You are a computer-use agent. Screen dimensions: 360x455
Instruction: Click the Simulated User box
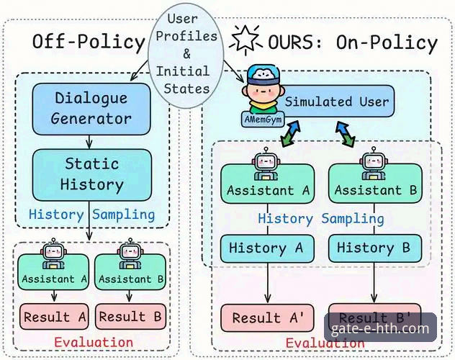coord(335,102)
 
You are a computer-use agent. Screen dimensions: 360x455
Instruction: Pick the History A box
coord(267,248)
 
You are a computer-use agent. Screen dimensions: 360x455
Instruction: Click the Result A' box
coord(267,318)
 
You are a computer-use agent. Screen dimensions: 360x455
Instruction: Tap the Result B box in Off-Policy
coord(132,317)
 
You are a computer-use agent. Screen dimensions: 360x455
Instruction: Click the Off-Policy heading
coord(89,42)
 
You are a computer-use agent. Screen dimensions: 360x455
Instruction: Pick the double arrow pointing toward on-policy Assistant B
coord(344,134)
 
